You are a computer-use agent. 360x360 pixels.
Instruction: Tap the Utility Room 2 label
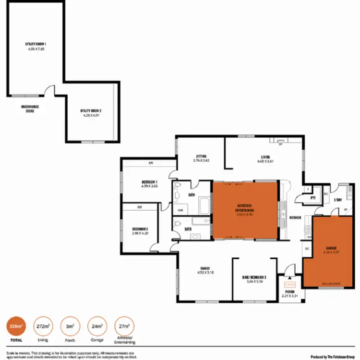[91, 110]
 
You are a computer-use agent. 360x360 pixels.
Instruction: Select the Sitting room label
[201, 156]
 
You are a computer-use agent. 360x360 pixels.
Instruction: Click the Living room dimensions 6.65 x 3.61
[265, 162]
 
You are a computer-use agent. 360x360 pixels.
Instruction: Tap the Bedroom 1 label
[150, 182]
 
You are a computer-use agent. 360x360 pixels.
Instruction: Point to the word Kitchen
[295, 217]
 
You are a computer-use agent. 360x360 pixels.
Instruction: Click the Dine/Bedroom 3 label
[254, 278]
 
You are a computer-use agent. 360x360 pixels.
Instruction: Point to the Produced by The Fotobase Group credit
[333, 356]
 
